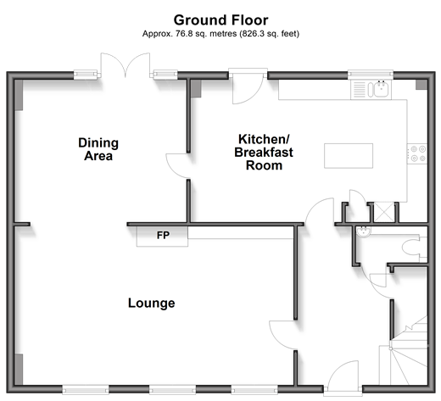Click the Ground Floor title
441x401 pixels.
click(x=220, y=20)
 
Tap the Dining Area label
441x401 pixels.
click(x=98, y=149)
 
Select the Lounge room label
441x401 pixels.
click(x=152, y=303)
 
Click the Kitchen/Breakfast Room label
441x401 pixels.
click(x=264, y=153)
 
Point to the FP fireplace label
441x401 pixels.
click(x=163, y=235)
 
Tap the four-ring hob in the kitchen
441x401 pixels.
click(x=418, y=153)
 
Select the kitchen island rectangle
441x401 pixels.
click(x=349, y=156)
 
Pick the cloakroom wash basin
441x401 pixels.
click(x=364, y=232)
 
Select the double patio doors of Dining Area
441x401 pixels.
click(x=126, y=65)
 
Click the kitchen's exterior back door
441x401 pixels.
click(x=248, y=87)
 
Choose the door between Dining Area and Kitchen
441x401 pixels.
click(x=177, y=166)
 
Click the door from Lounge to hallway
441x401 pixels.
click(x=282, y=335)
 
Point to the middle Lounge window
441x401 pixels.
click(x=172, y=390)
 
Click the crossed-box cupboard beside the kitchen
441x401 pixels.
click(x=384, y=212)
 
